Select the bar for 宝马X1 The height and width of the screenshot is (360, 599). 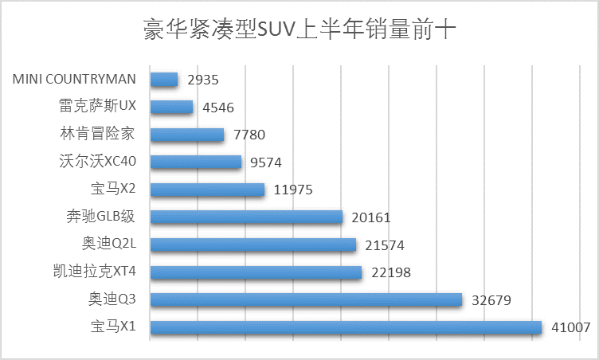[346, 327]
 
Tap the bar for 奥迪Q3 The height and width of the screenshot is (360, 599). [306, 299]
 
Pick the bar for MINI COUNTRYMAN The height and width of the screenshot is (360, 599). [164, 80]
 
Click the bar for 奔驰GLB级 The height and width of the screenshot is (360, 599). [246, 217]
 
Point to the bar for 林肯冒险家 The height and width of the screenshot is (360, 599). [187, 135]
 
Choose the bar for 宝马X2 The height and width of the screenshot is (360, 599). [207, 190]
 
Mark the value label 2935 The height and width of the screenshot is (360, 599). [202, 80]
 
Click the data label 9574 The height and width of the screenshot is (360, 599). [266, 162]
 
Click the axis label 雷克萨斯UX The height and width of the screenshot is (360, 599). [98, 107]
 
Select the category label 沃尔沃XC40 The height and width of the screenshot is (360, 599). [98, 162]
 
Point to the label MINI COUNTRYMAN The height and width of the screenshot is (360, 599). [75, 80]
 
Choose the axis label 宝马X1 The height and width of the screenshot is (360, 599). [113, 327]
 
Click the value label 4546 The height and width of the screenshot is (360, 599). [217, 108]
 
